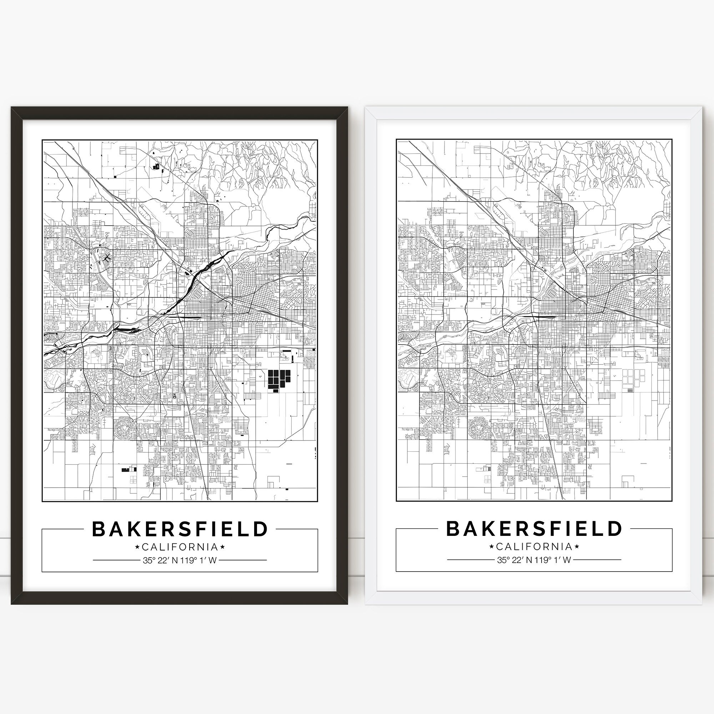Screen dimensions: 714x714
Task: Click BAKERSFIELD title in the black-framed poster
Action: tap(180, 529)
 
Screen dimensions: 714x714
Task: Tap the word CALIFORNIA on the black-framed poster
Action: tap(180, 547)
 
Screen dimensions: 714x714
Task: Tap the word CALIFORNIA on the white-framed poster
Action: tap(534, 546)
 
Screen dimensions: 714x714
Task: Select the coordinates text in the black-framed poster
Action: tap(180, 560)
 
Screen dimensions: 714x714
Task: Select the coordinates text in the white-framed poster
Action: tap(534, 560)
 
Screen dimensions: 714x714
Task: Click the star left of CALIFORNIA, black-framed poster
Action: tap(137, 547)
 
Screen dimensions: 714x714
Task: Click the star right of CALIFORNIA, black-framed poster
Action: tap(222, 547)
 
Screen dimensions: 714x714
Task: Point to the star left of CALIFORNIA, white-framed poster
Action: tap(492, 546)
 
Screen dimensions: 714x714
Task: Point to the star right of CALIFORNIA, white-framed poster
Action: tap(577, 546)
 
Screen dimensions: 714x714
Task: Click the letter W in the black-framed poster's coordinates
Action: tap(212, 560)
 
